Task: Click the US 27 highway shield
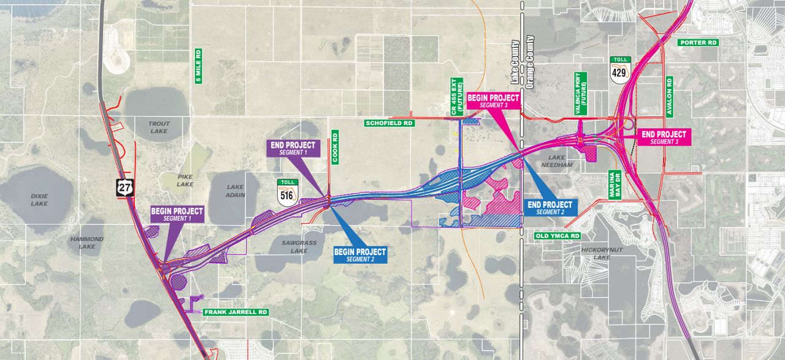[124, 187]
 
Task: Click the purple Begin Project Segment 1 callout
[177, 214]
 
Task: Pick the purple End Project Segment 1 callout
[293, 148]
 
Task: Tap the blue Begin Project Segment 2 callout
[360, 255]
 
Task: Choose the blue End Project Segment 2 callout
[549, 208]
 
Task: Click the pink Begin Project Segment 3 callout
[494, 101]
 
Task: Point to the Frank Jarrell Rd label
[236, 312]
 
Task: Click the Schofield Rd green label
[390, 123]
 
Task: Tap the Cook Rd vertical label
[335, 147]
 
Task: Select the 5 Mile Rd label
[198, 66]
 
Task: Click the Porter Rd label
[698, 43]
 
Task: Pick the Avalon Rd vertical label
[669, 96]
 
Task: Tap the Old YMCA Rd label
[557, 236]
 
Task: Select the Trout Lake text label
[159, 128]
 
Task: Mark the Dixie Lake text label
[39, 200]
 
